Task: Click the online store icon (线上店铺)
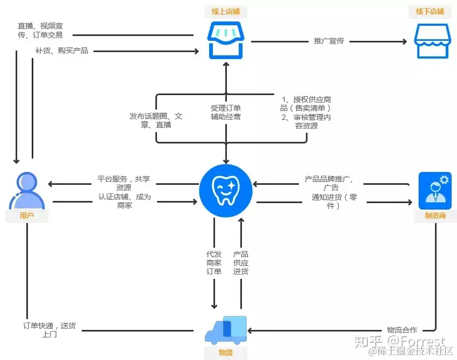(x=226, y=40)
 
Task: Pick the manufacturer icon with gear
(x=434, y=190)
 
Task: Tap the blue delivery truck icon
(x=226, y=330)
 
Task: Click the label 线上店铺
(x=226, y=11)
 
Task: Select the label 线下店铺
(x=430, y=11)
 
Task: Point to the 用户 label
(x=27, y=216)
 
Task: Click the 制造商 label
(x=434, y=216)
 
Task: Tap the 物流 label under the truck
(x=226, y=352)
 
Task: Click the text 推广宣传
(x=329, y=41)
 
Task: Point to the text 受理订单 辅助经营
(x=226, y=112)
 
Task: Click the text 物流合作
(x=402, y=329)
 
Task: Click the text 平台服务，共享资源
(x=124, y=183)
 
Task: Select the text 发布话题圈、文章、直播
(x=156, y=120)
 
